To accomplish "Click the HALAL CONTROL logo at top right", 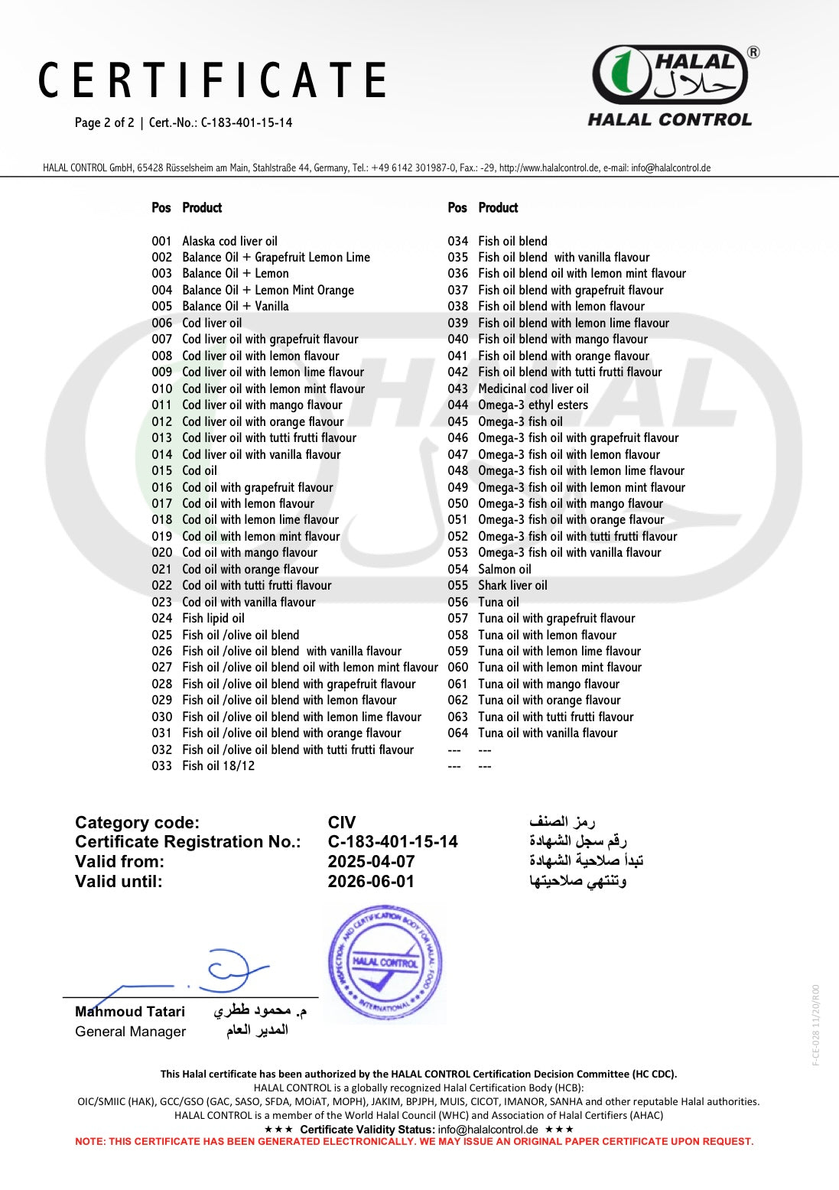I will point(670,85).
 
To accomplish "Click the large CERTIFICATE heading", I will point(213,81).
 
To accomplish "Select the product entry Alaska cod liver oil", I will point(229,241).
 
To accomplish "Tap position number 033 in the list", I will point(161,766).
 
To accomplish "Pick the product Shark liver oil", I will point(512,585).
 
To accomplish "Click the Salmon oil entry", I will point(504,569).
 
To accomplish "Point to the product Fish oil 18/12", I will point(218,766).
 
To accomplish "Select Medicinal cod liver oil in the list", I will point(533,389).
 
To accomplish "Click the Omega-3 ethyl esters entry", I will point(533,405).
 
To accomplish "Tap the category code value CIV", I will point(342,822).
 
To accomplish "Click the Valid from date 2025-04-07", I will point(371,861).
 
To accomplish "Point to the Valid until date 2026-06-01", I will point(371,881).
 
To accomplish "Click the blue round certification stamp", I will point(385,963).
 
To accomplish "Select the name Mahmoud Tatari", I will point(130,1011).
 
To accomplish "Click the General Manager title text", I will point(130,1031).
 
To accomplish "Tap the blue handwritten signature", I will point(222,971).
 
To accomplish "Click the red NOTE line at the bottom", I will point(414,1141).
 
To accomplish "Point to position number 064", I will point(457,733).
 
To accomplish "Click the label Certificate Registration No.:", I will point(187,841).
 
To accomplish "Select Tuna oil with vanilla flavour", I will point(548,733).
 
